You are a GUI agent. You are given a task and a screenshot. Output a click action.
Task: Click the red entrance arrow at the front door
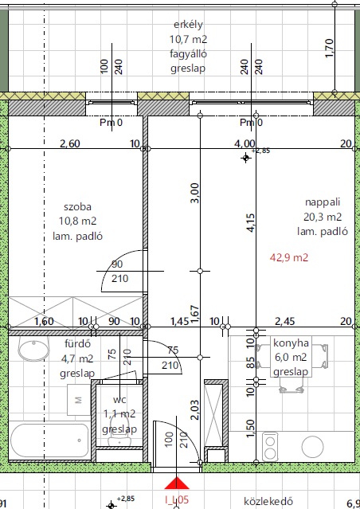(x=176, y=483)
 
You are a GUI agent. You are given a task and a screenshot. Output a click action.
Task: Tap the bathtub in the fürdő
(x=49, y=440)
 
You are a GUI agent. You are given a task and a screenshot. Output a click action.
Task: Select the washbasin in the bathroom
(x=33, y=350)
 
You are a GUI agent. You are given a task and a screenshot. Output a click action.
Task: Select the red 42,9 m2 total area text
(x=289, y=258)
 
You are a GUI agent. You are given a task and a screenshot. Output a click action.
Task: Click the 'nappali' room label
(x=323, y=202)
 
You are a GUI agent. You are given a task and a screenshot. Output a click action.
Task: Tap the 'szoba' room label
(x=77, y=207)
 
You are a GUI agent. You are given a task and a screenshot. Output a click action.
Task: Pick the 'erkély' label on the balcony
(x=188, y=25)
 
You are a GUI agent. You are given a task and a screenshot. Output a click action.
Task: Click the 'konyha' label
(x=291, y=343)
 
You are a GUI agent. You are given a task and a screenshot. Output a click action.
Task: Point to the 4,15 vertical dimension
(x=251, y=222)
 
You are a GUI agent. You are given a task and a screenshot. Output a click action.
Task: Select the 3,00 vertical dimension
(x=194, y=193)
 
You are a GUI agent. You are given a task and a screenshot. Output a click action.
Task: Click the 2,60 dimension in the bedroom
(x=70, y=143)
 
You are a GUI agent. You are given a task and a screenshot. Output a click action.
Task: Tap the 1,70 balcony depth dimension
(x=329, y=49)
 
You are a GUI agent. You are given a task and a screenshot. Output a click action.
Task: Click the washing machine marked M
(x=79, y=400)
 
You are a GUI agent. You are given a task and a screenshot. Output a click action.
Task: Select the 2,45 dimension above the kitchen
(x=284, y=321)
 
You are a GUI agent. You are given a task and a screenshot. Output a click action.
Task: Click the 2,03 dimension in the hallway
(x=194, y=410)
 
